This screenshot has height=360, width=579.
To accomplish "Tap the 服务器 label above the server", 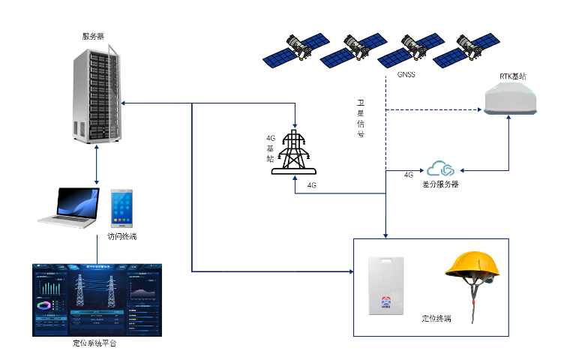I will point(94,36).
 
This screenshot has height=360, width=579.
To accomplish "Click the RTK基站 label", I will point(513,76).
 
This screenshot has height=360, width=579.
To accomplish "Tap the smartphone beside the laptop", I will point(121,208).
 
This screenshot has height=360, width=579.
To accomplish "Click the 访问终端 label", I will point(121,237).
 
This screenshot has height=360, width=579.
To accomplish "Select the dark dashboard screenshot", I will point(97,299).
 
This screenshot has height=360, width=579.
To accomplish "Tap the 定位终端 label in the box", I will point(436,319).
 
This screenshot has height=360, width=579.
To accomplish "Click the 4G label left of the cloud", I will point(409,175).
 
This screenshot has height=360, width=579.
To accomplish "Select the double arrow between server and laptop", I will point(97,166).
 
